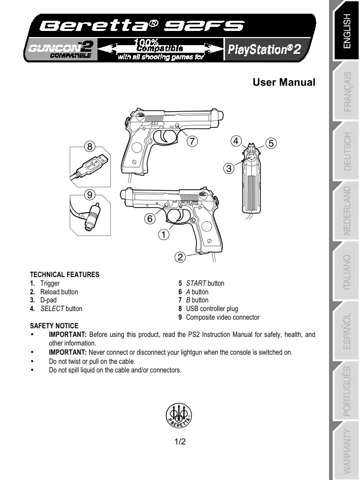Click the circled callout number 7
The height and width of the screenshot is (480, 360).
191,141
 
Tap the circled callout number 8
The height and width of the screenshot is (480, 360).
89,146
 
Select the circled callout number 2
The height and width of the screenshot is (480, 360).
179,256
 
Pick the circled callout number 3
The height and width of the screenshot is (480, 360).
229,167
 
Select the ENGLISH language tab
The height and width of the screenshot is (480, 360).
347,31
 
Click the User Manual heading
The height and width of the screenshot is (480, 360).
284,82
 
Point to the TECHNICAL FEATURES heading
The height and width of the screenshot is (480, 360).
64,275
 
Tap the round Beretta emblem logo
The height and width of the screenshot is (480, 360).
180,416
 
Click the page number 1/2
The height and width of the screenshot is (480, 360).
180,441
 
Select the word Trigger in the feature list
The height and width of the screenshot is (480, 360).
50,283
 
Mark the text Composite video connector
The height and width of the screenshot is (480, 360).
222,317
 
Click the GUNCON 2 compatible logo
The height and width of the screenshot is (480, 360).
60,50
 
